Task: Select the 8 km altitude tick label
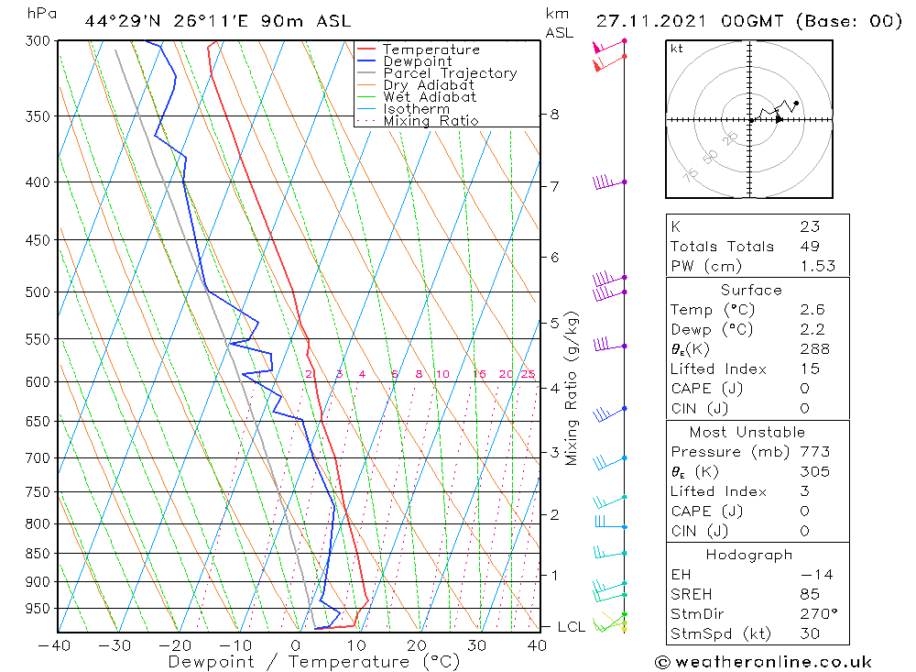(554, 115)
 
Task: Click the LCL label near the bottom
(572, 627)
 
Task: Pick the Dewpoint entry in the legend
(418, 61)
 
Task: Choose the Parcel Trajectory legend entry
(450, 73)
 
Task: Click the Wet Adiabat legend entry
(430, 97)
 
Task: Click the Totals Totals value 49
(809, 247)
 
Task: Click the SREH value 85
(809, 594)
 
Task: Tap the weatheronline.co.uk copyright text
(763, 662)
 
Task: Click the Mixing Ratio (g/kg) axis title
(572, 389)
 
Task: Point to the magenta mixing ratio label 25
(528, 374)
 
